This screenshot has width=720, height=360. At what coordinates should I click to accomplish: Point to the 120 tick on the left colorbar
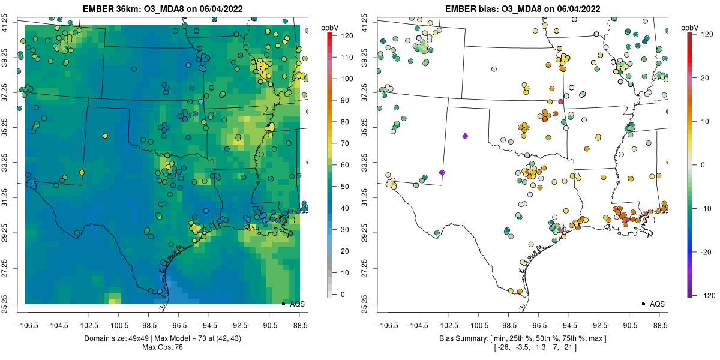(x=341, y=36)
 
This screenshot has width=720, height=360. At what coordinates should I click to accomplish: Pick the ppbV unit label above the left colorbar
(x=331, y=28)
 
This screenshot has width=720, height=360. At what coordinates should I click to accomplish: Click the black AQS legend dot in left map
(x=283, y=304)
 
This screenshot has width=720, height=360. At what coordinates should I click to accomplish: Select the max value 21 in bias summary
(x=569, y=347)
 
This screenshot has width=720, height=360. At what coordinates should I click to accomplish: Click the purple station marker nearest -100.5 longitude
(x=465, y=136)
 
